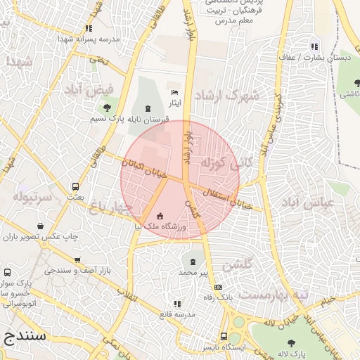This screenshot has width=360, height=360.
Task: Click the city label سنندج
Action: pyautogui.click(x=26, y=335)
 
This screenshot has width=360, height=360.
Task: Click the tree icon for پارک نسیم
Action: pyautogui.click(x=106, y=108)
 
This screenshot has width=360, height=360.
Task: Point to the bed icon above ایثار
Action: pyautogui.click(x=174, y=93)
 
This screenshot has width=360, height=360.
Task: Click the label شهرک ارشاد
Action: pyautogui.click(x=226, y=95)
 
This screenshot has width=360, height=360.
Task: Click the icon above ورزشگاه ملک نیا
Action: pyautogui.click(x=160, y=215)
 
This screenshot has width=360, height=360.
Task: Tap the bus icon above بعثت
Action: pyautogui.click(x=75, y=187)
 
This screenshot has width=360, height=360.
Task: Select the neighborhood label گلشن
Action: pyautogui.click(x=237, y=266)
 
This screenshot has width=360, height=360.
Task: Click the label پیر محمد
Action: pyautogui.click(x=194, y=271)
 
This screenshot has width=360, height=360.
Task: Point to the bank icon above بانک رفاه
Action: pyautogui.click(x=218, y=287)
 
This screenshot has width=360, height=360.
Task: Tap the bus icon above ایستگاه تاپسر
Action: pyautogui.click(x=224, y=336)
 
